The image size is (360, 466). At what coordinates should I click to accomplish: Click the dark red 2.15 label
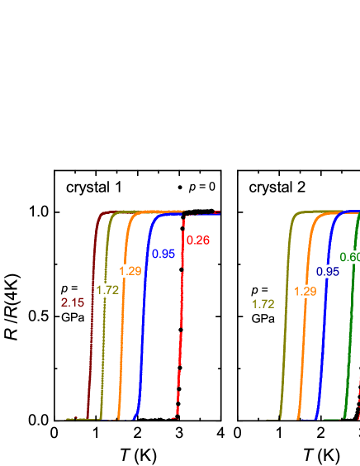(73, 302)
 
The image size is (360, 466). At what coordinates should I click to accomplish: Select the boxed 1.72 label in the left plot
(107, 290)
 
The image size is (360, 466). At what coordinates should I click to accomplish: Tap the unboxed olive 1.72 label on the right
(263, 304)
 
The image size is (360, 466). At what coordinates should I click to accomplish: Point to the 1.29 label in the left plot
(130, 271)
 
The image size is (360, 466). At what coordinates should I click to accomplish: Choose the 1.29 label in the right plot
(306, 291)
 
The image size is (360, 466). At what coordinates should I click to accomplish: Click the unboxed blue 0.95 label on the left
(163, 254)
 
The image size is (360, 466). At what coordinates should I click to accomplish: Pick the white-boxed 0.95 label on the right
(328, 271)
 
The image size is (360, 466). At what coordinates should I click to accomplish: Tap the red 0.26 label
(198, 240)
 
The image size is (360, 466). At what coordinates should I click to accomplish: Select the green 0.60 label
(350, 257)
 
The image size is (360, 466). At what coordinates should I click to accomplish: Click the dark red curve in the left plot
(92, 330)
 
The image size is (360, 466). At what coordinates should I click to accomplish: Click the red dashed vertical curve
(180, 330)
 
